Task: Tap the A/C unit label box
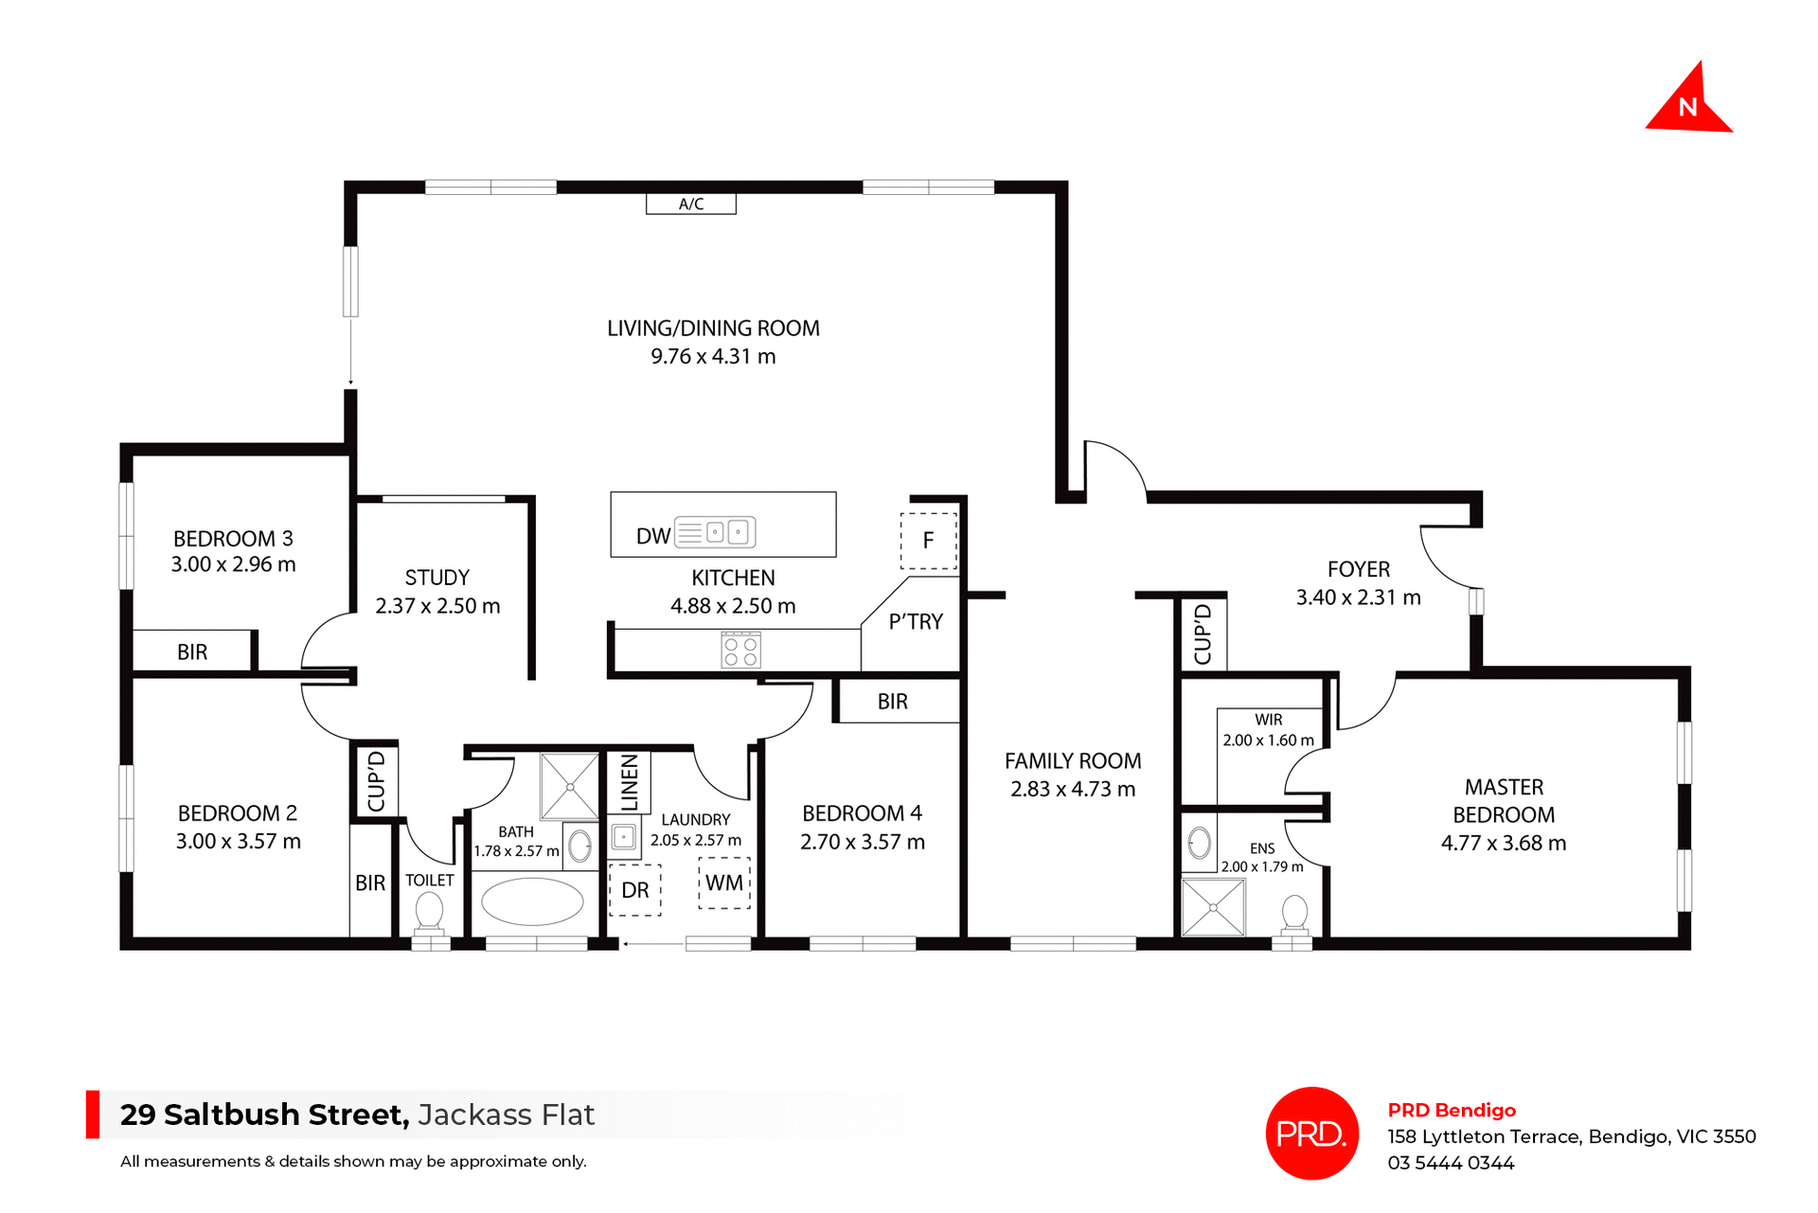(x=691, y=204)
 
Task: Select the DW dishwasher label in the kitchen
(x=653, y=536)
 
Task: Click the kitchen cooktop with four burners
(x=740, y=651)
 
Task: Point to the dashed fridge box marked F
(x=928, y=541)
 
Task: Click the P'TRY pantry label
(x=916, y=622)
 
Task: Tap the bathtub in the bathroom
(x=532, y=901)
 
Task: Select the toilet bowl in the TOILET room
(x=429, y=912)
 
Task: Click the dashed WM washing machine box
(x=724, y=883)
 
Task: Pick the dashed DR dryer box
(x=635, y=890)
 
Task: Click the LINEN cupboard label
(x=629, y=783)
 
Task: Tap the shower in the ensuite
(x=1213, y=907)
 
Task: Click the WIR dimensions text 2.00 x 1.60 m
(x=1268, y=740)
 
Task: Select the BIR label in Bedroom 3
(x=192, y=652)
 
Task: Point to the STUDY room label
(x=437, y=578)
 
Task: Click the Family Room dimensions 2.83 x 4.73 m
(x=1073, y=790)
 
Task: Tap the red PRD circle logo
(x=1312, y=1133)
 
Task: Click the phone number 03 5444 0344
(x=1451, y=1163)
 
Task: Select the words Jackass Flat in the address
(x=506, y=1115)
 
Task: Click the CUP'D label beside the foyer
(x=1203, y=633)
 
